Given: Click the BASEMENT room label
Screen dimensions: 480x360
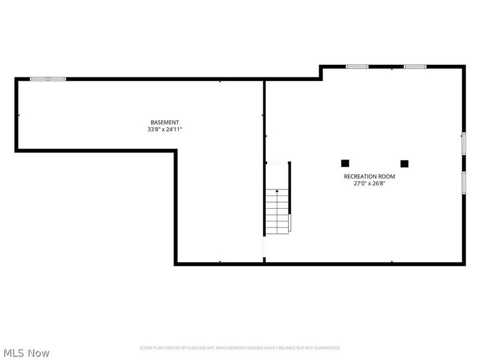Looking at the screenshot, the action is pyautogui.click(x=164, y=122).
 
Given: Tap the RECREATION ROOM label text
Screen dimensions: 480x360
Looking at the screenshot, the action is pyautogui.click(x=369, y=176).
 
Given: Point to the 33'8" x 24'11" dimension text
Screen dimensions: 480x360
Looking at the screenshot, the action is pyautogui.click(x=164, y=129).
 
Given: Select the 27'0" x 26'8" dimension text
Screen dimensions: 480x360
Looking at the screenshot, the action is pyautogui.click(x=369, y=184).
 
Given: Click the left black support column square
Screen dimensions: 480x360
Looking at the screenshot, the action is pyautogui.click(x=345, y=163).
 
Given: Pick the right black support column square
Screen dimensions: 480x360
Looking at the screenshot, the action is pyautogui.click(x=404, y=164).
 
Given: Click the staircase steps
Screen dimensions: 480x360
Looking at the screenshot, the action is pyautogui.click(x=277, y=212).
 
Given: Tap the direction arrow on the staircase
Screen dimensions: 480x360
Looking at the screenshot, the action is pyautogui.click(x=277, y=191).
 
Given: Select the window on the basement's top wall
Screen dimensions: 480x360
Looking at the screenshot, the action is pyautogui.click(x=48, y=79).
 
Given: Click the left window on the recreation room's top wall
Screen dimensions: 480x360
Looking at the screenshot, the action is pyautogui.click(x=357, y=67).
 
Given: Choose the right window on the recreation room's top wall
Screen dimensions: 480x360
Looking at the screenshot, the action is pyautogui.click(x=415, y=67).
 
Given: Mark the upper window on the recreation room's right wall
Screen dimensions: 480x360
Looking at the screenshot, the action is pyautogui.click(x=464, y=143).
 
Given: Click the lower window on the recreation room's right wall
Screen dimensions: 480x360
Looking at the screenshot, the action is pyautogui.click(x=464, y=183).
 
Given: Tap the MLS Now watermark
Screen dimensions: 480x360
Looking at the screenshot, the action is pyautogui.click(x=26, y=353).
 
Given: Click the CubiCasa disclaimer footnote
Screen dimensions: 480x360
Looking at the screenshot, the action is pyautogui.click(x=240, y=348).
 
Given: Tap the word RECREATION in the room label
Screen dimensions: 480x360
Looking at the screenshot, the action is pyautogui.click(x=361, y=176).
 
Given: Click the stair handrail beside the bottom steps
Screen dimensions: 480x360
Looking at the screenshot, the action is pyautogui.click(x=290, y=223).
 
